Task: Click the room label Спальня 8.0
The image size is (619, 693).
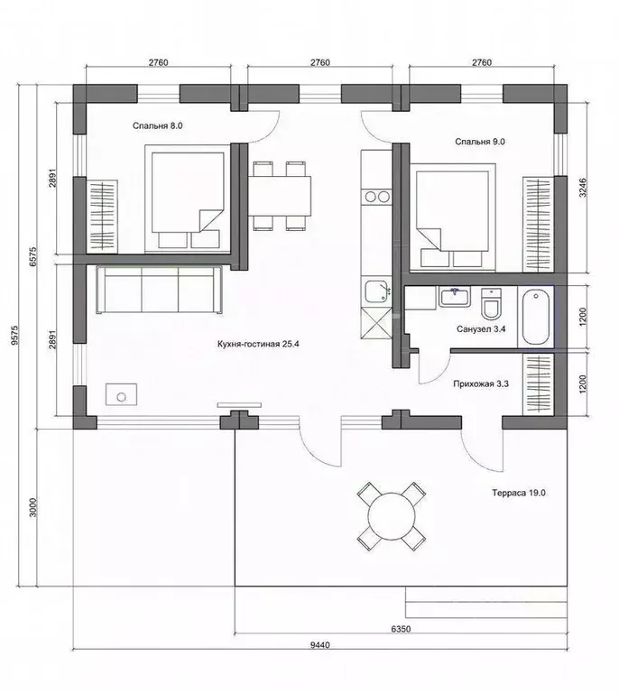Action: click(x=157, y=126)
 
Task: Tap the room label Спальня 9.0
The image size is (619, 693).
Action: click(x=480, y=142)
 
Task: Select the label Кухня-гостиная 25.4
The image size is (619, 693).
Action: click(x=258, y=344)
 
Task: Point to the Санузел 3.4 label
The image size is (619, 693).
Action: click(x=481, y=329)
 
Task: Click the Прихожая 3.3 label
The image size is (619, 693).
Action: click(x=481, y=384)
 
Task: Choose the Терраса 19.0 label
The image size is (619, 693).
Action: click(x=519, y=493)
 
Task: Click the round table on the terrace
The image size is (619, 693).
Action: click(x=392, y=516)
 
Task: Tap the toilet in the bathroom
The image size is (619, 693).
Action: click(x=491, y=303)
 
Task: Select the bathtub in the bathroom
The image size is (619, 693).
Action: click(x=535, y=317)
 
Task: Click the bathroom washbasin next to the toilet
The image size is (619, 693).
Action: click(x=454, y=297)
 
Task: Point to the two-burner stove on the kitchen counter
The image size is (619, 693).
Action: click(x=376, y=197)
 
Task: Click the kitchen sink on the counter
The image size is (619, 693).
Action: click(x=376, y=292)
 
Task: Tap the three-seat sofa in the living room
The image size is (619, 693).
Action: click(x=160, y=290)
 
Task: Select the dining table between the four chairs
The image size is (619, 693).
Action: click(x=279, y=196)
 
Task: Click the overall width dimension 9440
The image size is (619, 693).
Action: click(x=320, y=645)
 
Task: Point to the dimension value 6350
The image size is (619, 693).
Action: click(x=401, y=629)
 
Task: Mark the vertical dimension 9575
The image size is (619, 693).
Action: click(x=15, y=335)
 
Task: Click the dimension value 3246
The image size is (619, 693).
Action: click(x=583, y=188)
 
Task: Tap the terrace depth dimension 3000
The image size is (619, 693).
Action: click(x=33, y=507)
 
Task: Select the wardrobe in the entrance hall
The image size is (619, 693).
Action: click(x=538, y=383)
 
